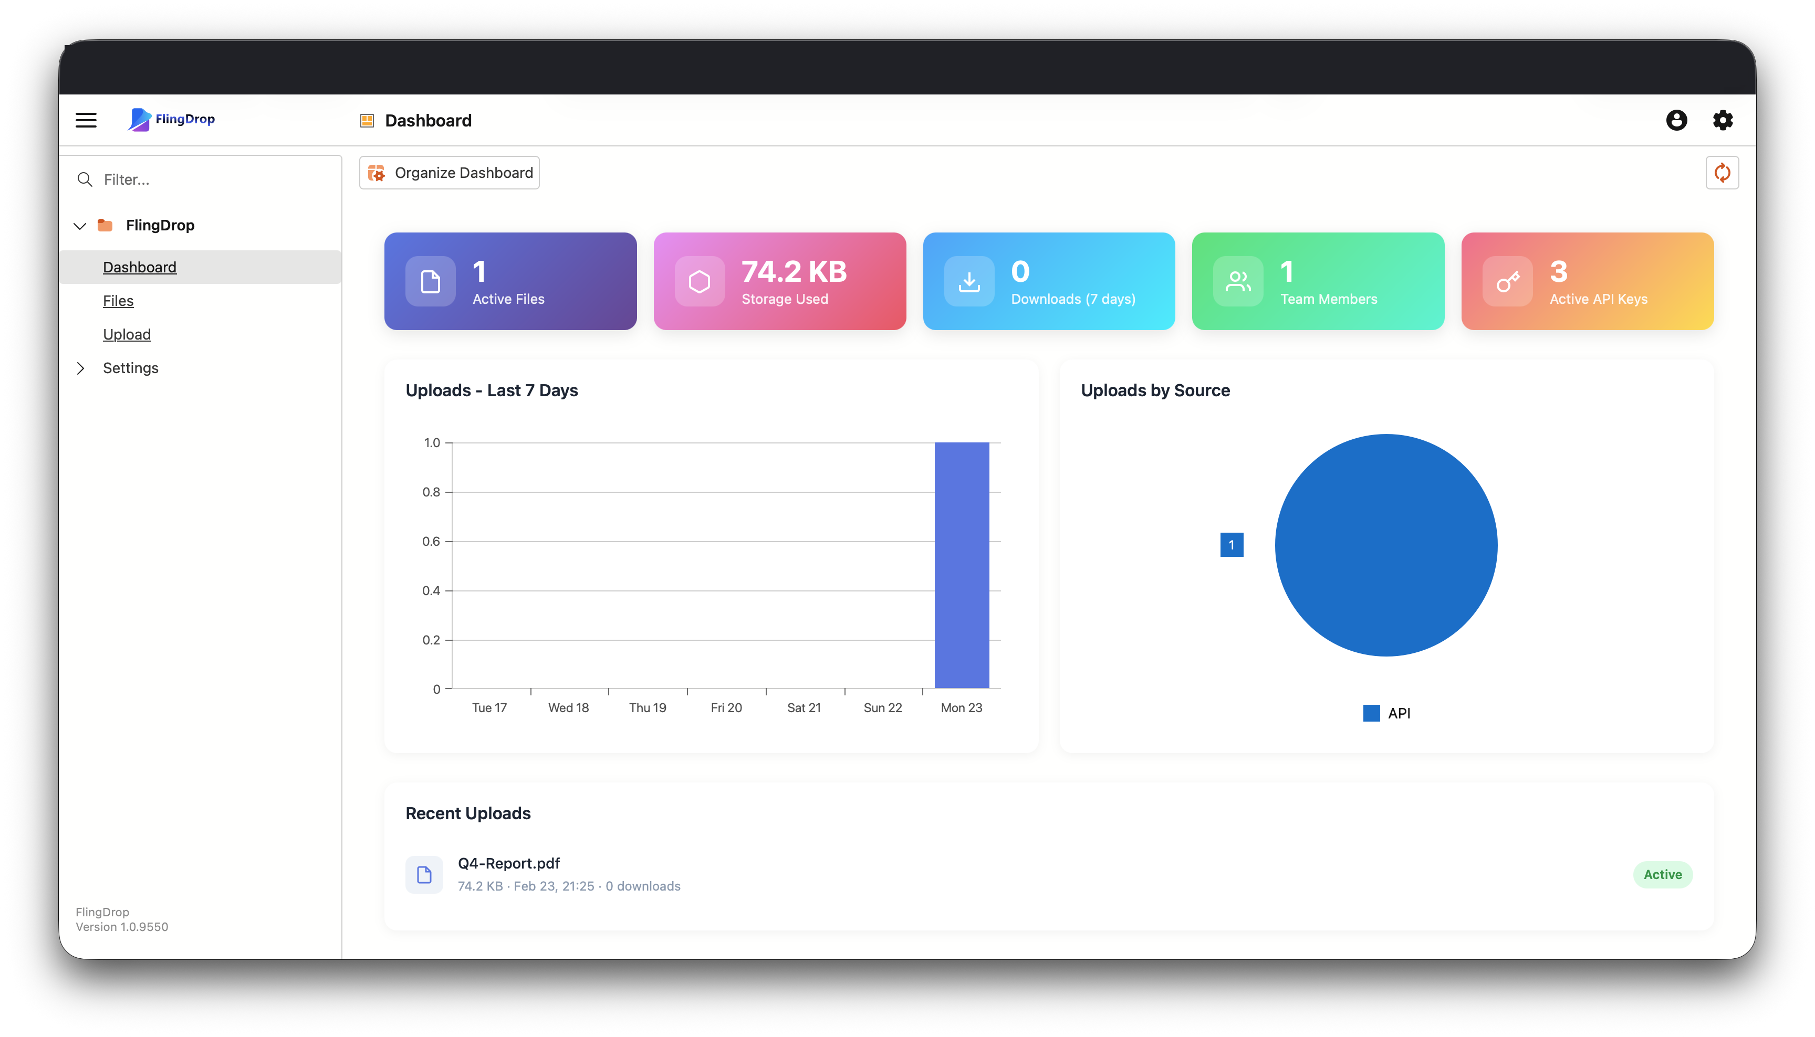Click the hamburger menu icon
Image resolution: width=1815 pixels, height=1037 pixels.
pos(86,120)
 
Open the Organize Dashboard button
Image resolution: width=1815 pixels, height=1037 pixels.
pos(450,173)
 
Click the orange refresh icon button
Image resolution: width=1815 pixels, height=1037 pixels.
pos(1722,173)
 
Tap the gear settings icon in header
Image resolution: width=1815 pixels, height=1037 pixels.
pos(1723,120)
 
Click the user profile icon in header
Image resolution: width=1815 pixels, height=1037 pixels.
pos(1676,120)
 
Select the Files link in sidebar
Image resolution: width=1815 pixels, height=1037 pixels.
pos(118,301)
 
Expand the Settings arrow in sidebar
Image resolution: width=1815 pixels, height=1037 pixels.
pos(80,368)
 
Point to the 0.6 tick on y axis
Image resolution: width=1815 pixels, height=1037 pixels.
pos(431,541)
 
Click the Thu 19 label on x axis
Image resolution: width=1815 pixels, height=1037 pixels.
pos(647,708)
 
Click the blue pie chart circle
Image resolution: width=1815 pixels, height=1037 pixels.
pos(1385,545)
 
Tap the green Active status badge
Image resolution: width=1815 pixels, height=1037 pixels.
pos(1662,875)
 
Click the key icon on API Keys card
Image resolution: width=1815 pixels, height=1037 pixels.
pos(1507,281)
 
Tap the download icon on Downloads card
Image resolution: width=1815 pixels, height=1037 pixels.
pos(969,281)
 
